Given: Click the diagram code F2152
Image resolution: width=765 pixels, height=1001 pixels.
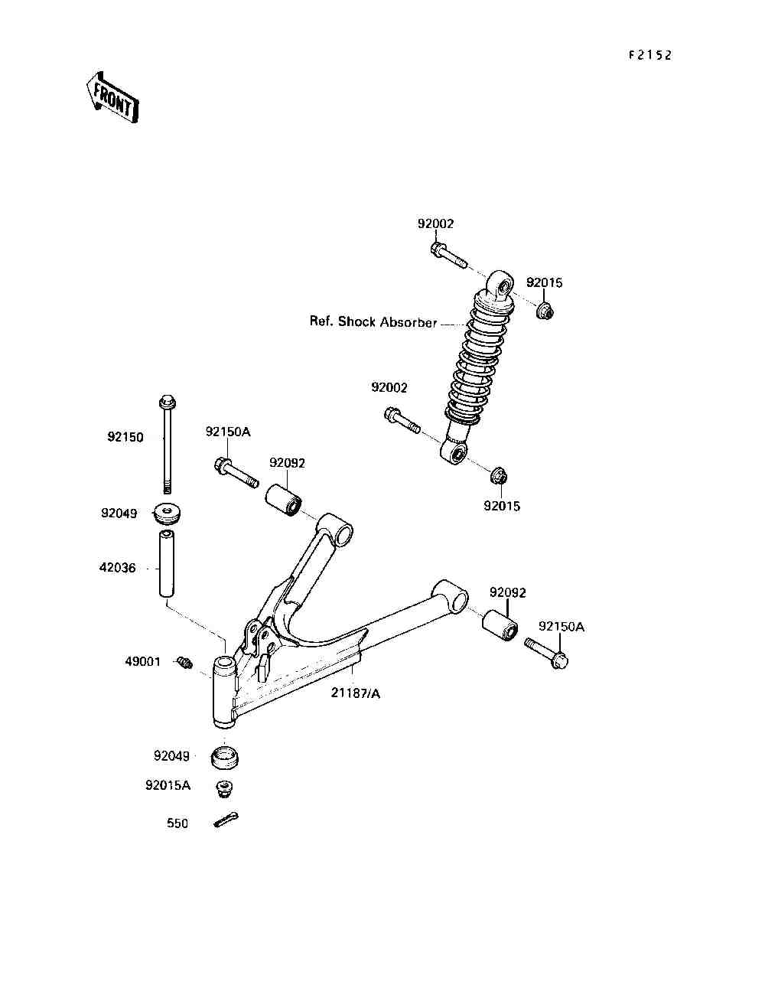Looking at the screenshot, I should [x=649, y=55].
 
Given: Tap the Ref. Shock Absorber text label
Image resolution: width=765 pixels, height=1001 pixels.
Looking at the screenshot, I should [x=373, y=322].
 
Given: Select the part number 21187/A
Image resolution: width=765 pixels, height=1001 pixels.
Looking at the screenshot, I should [x=355, y=693].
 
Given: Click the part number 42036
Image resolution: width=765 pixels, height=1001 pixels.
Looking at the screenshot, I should [x=117, y=568].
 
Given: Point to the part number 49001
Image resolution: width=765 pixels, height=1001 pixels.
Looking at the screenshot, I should [x=143, y=661].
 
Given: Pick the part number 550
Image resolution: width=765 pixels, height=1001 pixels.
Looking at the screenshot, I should [x=177, y=823].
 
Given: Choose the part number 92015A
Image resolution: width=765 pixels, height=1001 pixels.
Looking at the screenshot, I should [x=168, y=785].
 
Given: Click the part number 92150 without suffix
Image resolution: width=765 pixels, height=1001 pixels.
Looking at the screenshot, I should [x=125, y=438].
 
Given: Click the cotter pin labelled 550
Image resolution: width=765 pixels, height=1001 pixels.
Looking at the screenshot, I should [x=226, y=820].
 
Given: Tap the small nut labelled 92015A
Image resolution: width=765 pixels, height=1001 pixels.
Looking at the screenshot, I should [x=223, y=787].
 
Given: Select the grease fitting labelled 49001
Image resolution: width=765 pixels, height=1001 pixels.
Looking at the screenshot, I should [x=184, y=662].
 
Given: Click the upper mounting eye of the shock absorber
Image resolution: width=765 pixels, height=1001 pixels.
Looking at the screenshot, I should [x=503, y=286].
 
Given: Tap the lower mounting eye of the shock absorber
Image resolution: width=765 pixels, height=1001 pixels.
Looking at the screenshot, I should [x=456, y=454].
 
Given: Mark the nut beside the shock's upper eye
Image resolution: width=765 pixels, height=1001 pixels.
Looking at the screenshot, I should [x=544, y=311].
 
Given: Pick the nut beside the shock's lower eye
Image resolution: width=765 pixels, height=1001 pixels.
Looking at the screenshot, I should [x=498, y=476].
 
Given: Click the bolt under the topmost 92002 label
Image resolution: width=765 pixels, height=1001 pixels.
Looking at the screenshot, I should [x=448, y=256].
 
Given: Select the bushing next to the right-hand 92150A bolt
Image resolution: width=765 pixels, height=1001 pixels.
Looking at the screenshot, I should [x=501, y=624].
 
